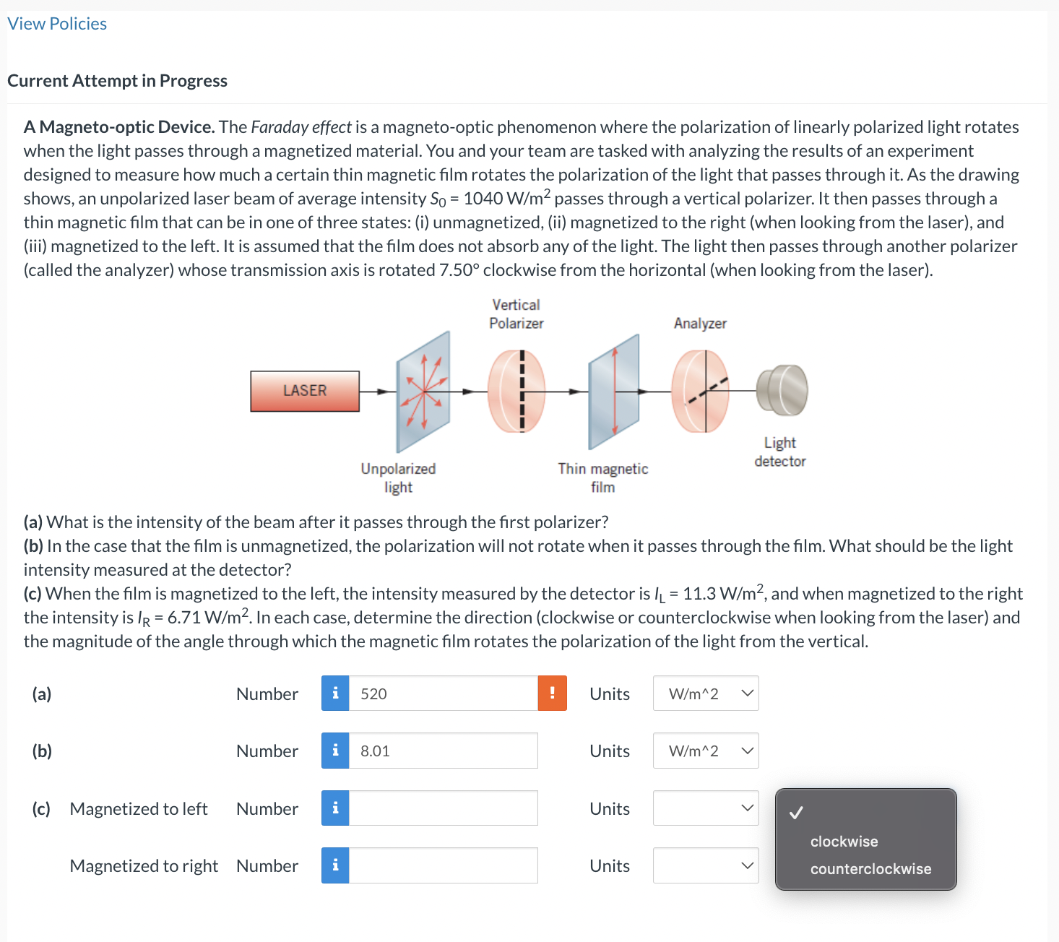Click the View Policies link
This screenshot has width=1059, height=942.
point(57,24)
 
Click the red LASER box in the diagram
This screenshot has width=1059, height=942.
point(305,391)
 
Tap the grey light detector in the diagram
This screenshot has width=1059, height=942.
point(782,389)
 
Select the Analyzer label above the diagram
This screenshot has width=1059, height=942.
point(700,324)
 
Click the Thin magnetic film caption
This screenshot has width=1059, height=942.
point(602,478)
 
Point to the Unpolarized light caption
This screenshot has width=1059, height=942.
point(398,478)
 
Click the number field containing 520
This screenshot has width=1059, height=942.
point(443,693)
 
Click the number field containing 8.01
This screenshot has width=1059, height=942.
point(443,751)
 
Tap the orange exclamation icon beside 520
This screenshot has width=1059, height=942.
point(552,693)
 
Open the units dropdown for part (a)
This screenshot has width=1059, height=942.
point(706,693)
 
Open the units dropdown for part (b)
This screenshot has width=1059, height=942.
point(706,751)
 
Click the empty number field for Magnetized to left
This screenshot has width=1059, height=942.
point(443,808)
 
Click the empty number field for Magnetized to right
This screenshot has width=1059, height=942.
point(443,865)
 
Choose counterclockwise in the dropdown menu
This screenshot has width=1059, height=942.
point(870,869)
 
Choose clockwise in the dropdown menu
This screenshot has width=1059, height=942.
point(844,842)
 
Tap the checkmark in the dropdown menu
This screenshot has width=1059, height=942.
point(796,813)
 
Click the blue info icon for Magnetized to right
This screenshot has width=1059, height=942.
point(335,865)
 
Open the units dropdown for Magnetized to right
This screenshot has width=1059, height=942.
point(706,865)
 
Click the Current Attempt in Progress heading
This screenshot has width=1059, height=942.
point(117,81)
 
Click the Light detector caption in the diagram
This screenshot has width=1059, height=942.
point(779,451)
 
